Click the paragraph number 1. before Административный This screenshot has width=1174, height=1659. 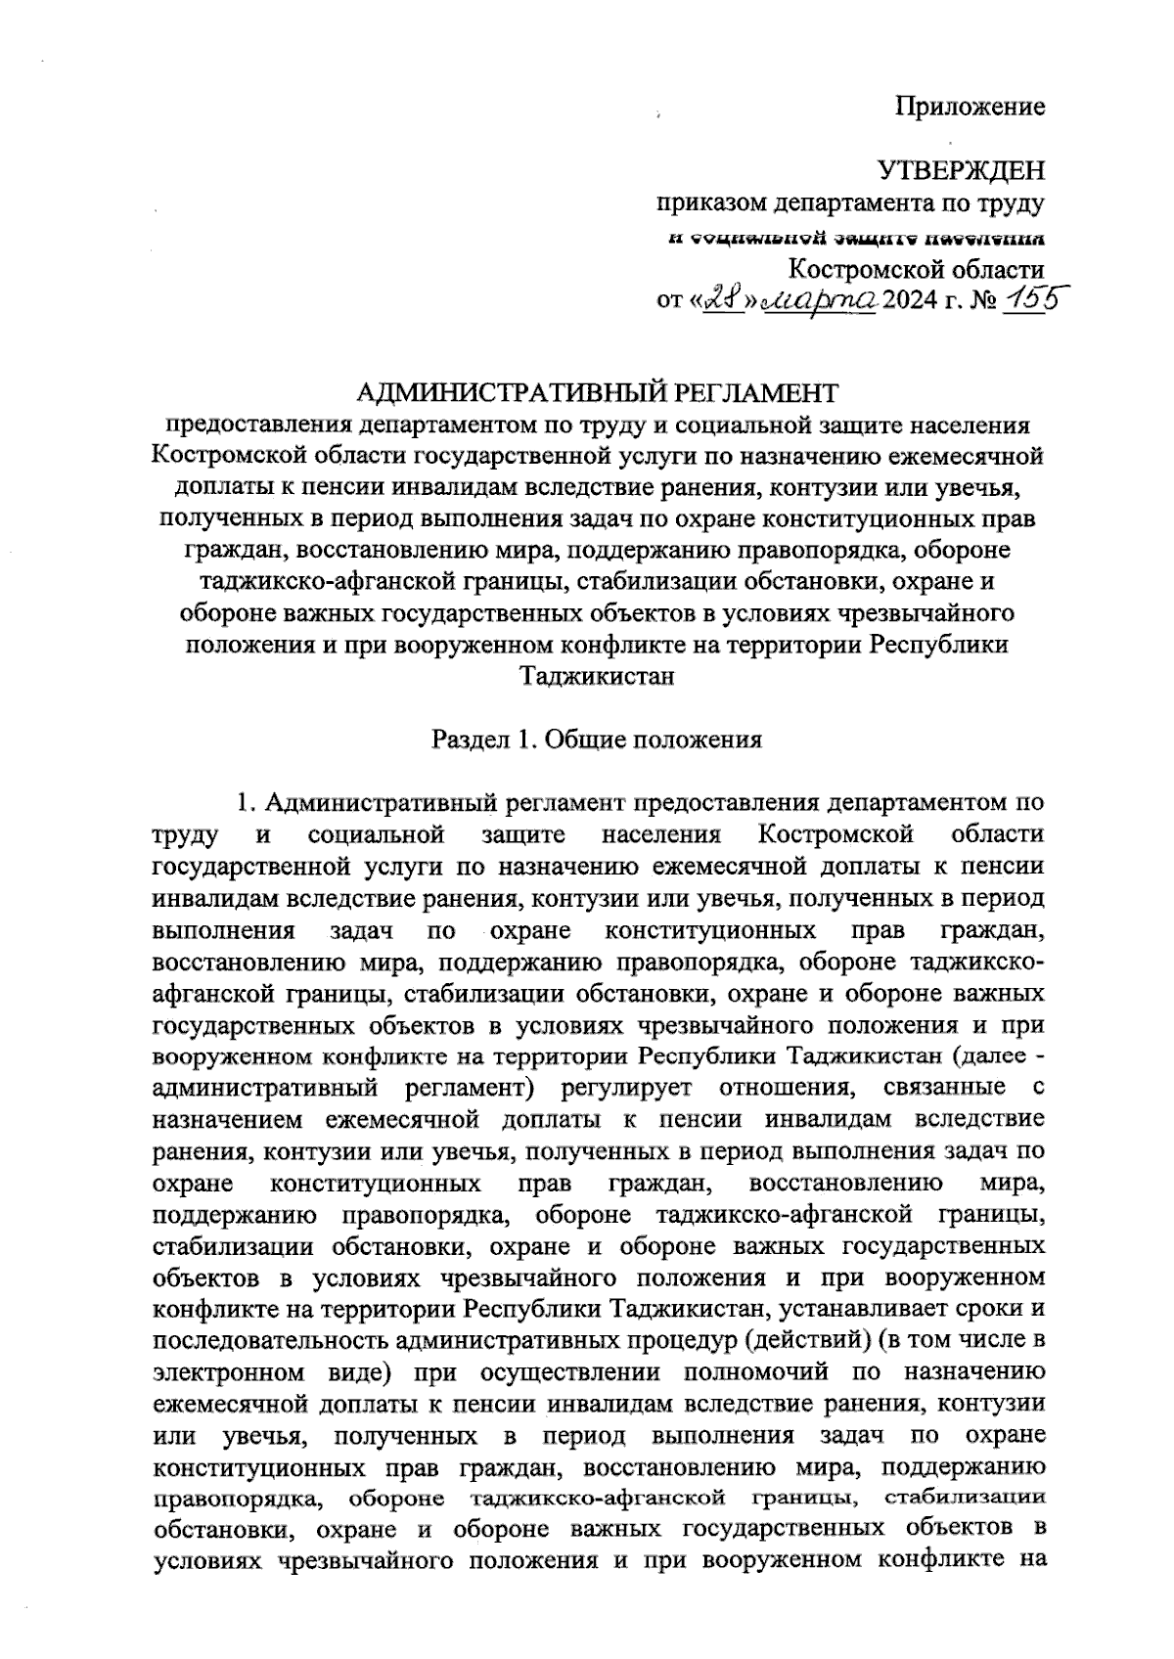tap(247, 803)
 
